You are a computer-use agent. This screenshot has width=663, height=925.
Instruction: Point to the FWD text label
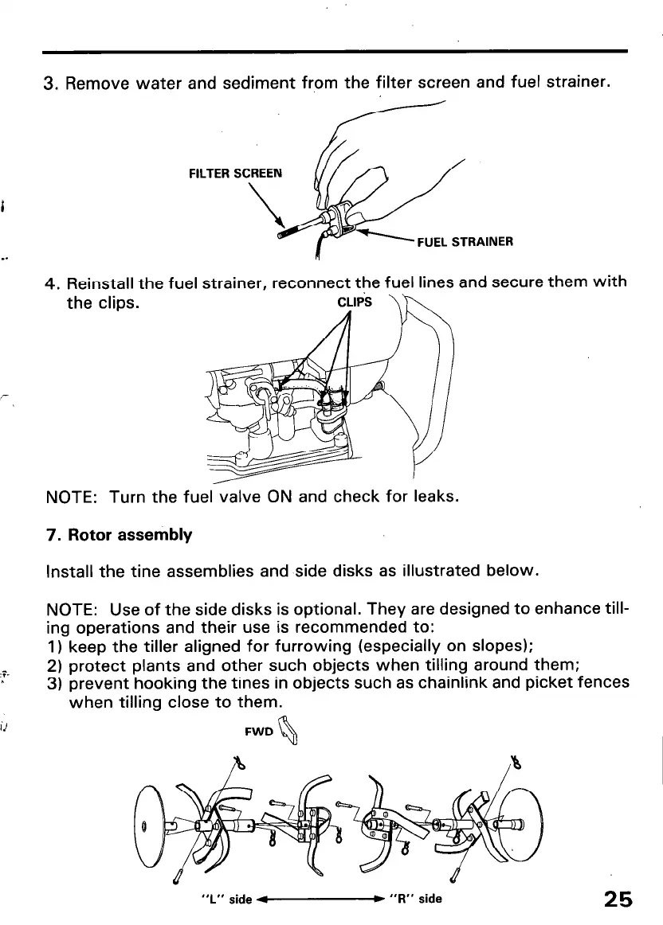260,731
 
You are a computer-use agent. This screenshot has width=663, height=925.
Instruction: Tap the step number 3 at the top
50,83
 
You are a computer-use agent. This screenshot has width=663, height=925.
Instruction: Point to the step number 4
50,283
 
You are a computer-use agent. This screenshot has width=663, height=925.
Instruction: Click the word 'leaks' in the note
435,497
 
